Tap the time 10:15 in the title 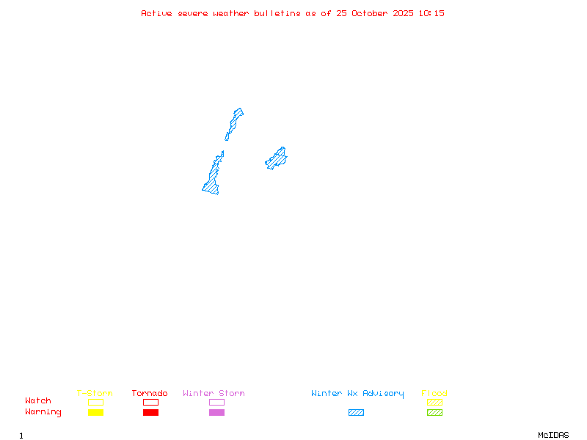pos(431,13)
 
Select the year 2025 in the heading pos(404,13)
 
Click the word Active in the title pos(157,13)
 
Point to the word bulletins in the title pos(277,13)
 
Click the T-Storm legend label pos(95,394)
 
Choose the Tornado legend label pos(150,394)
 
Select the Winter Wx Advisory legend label pos(357,394)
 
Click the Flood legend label pos(434,394)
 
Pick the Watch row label pos(38,401)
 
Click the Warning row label pos(43,412)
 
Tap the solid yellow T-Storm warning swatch pos(95,413)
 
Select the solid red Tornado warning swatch pos(150,413)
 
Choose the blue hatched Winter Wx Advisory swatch pos(356,413)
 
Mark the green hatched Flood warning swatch pos(434,413)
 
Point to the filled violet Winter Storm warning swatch pos(216,413)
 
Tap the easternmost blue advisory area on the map pos(277,158)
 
